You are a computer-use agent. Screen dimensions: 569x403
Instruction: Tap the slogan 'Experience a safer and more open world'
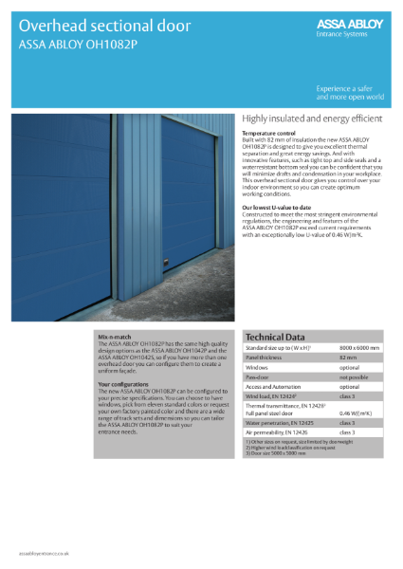[x=350, y=92]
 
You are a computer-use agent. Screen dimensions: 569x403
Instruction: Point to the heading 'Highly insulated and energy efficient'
[x=312, y=119]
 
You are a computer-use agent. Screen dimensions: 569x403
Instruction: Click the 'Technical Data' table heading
[x=276, y=337]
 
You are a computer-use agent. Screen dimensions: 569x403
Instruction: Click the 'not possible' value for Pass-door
[x=353, y=376]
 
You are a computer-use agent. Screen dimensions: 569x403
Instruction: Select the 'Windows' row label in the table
[x=257, y=367]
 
